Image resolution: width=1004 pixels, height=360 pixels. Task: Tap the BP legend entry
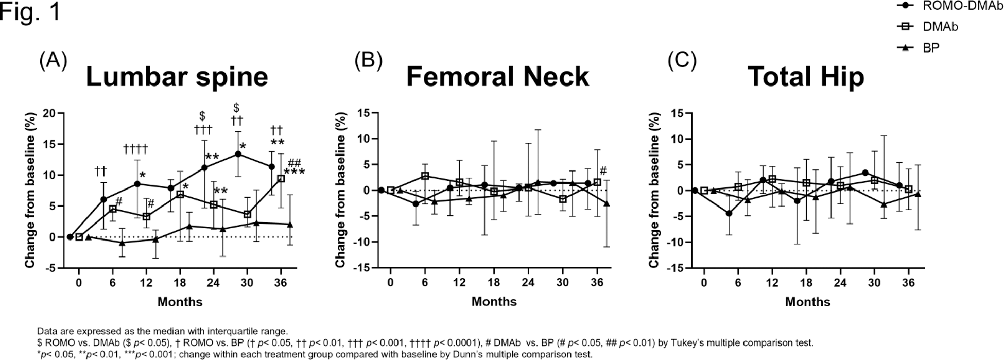point(930,48)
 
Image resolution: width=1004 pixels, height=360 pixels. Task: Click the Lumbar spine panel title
point(177,77)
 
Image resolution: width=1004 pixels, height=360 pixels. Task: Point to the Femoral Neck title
point(497,77)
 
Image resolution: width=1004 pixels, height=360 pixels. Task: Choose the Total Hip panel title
point(806,77)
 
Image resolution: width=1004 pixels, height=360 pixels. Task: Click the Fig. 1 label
point(30,11)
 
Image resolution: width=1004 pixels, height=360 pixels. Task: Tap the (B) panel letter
point(368,61)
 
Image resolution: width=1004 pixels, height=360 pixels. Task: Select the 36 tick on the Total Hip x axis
point(908,283)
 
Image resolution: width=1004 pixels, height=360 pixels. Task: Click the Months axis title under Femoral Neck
point(494,302)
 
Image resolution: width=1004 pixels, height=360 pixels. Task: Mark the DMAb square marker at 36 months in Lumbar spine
point(281,178)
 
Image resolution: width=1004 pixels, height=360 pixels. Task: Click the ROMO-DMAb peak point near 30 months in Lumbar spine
point(238,154)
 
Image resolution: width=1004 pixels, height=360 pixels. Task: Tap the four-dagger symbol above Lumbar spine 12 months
point(135,149)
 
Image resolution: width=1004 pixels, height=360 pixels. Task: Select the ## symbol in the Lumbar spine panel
point(295,163)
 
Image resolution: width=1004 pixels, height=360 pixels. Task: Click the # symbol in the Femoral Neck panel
point(603,171)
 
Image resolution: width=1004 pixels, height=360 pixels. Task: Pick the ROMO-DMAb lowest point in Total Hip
point(729,213)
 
